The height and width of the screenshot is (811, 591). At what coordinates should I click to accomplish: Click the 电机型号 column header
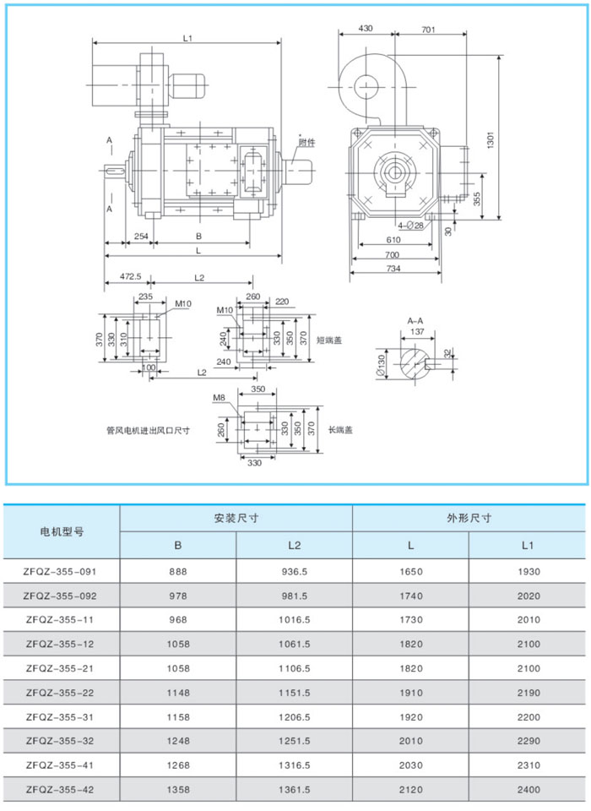click(x=62, y=531)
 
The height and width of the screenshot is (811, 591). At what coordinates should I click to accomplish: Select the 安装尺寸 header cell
click(x=236, y=518)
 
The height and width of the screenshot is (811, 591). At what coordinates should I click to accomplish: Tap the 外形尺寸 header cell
click(x=469, y=518)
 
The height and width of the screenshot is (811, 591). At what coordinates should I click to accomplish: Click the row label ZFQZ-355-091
click(x=62, y=571)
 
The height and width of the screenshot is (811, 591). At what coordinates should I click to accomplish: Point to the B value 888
click(x=177, y=571)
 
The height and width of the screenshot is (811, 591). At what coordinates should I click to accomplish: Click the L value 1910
click(x=411, y=693)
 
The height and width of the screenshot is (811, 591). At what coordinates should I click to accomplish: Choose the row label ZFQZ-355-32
click(x=62, y=742)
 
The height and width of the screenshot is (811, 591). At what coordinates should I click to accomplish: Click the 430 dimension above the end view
click(x=366, y=28)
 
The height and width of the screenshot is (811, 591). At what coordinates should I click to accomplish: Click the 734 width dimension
click(x=394, y=268)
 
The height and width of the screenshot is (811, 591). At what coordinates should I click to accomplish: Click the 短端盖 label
click(x=328, y=340)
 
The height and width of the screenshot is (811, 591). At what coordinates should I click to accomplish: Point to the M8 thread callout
click(x=219, y=397)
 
